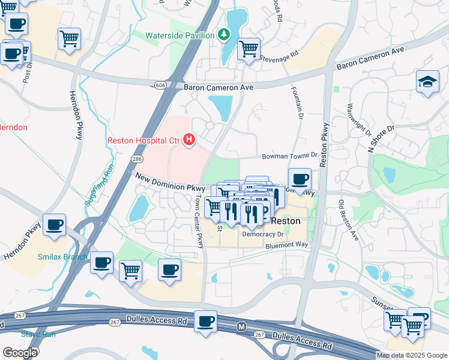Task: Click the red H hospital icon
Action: point(190,140)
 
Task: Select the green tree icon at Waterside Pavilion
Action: point(224,35)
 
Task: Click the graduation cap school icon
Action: point(427,83)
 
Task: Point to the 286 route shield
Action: point(137,158)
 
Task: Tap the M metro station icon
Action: point(242,326)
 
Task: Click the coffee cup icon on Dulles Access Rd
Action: point(206,321)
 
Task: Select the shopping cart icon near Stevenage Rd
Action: point(249,49)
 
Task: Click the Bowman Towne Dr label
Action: point(288,156)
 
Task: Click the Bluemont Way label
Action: point(287,245)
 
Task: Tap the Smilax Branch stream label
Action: point(64,257)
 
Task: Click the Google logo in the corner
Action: point(20,352)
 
